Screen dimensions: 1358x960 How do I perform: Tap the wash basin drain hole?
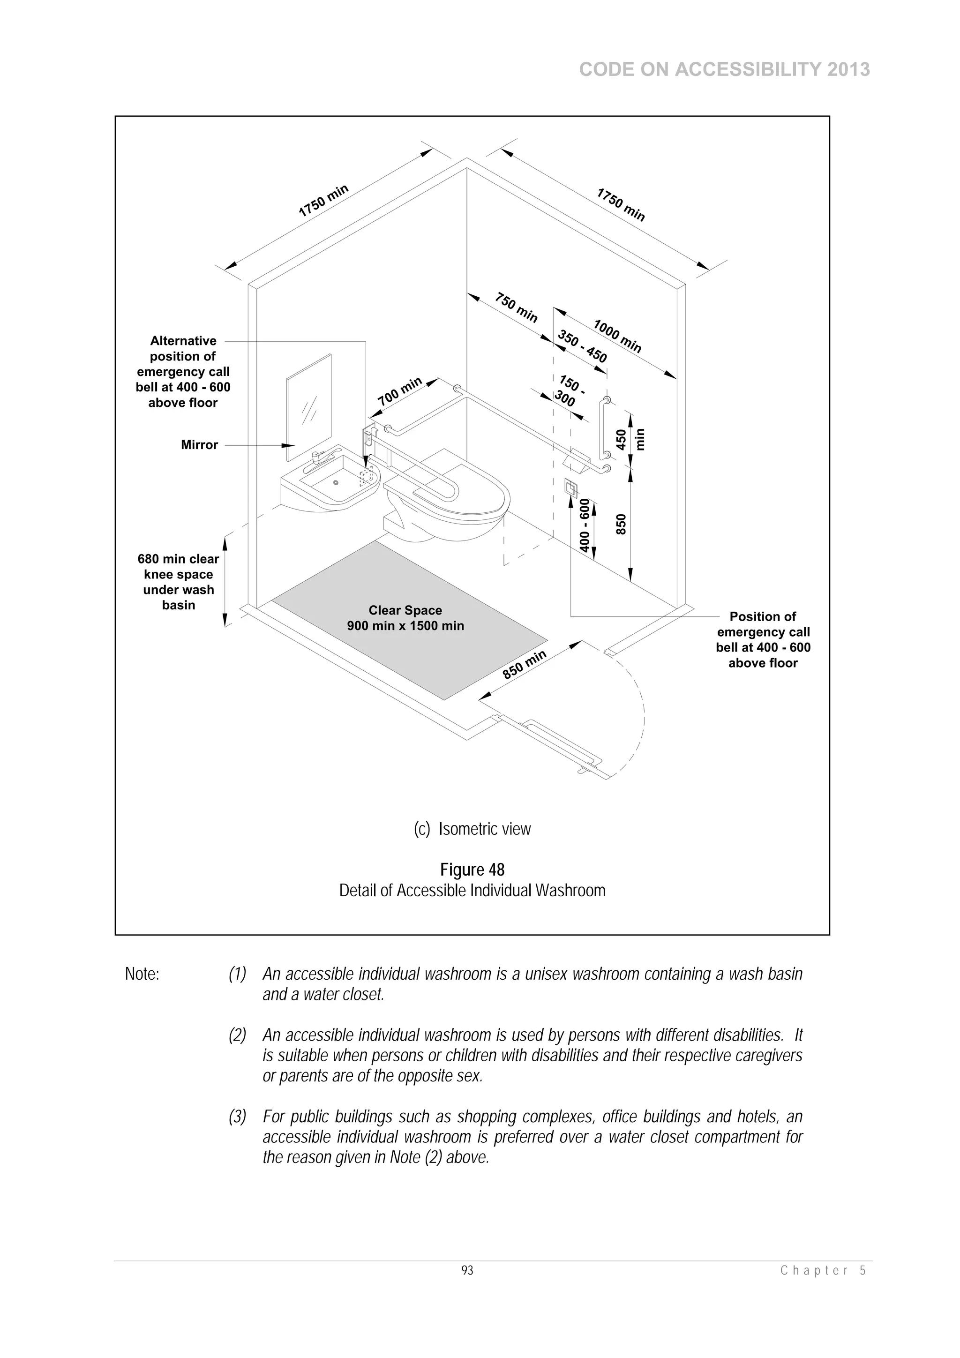pyautogui.click(x=336, y=483)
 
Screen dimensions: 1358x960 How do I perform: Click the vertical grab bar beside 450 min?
pyautogui.click(x=603, y=429)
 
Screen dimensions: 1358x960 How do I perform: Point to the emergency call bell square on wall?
pyautogui.click(x=571, y=488)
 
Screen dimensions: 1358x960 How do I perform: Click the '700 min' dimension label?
pyautogui.click(x=400, y=391)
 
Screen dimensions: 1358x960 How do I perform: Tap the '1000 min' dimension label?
pyautogui.click(x=617, y=336)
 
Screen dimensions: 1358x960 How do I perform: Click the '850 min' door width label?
pyautogui.click(x=524, y=665)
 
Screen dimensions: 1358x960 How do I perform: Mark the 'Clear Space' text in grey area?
pyautogui.click(x=405, y=610)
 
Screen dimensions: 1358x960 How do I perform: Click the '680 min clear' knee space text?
pyautogui.click(x=178, y=559)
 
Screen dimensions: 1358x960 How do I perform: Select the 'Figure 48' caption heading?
pyautogui.click(x=472, y=870)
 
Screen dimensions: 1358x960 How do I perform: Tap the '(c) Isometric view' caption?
pyautogui.click(x=472, y=829)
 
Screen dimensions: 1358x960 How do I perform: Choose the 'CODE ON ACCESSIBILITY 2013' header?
pyautogui.click(x=724, y=70)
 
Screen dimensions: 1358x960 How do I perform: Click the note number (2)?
pyautogui.click(x=237, y=1035)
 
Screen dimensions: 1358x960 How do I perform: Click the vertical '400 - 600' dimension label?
pyautogui.click(x=585, y=525)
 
